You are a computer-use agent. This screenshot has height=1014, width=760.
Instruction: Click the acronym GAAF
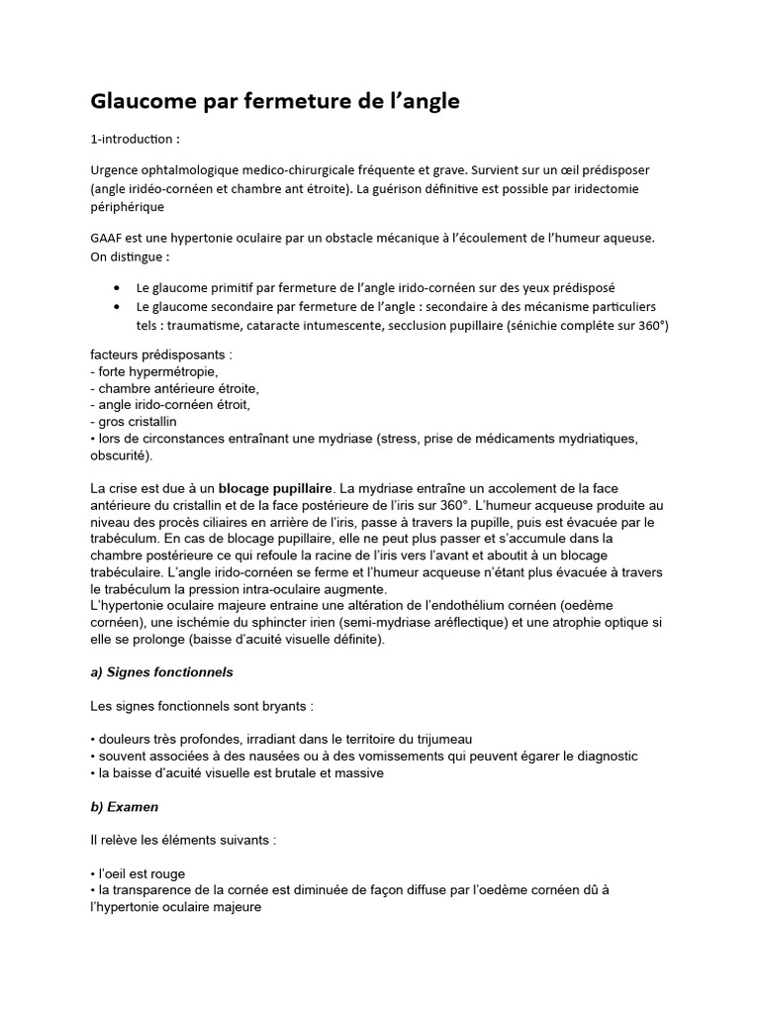(x=109, y=239)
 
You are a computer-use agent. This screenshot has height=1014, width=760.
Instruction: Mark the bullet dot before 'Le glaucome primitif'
(x=119, y=288)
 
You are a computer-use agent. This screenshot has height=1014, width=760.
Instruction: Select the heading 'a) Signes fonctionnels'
(x=161, y=671)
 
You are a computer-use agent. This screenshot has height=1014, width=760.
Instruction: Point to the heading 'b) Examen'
(x=124, y=807)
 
